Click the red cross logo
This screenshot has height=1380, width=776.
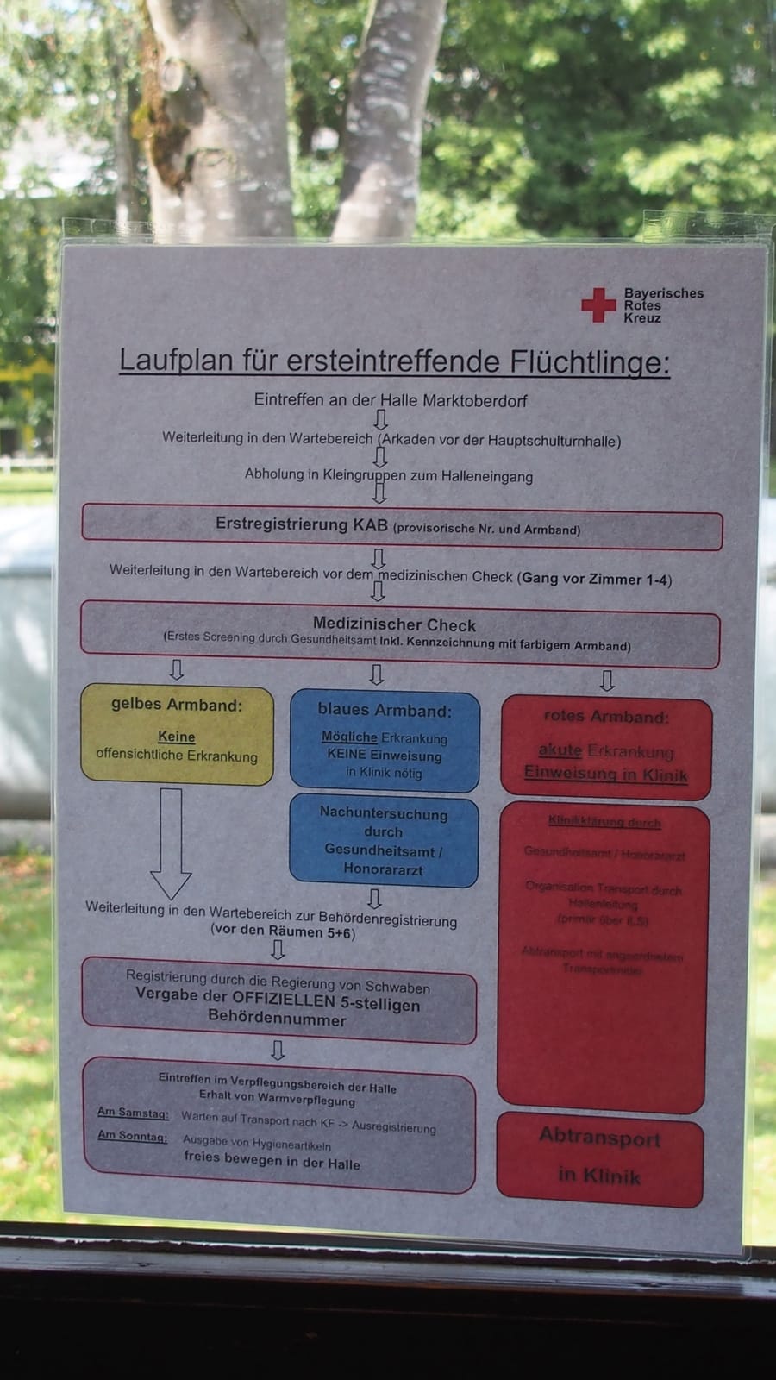pyautogui.click(x=598, y=305)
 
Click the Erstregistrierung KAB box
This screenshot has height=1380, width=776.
pyautogui.click(x=402, y=526)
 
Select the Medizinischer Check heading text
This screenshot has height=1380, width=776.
pyautogui.click(x=394, y=624)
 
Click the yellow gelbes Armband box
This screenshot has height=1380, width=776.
pyautogui.click(x=177, y=735)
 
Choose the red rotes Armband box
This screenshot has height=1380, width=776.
pyautogui.click(x=606, y=748)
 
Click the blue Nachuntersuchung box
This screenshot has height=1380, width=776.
pyautogui.click(x=384, y=841)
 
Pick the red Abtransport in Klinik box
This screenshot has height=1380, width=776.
pyautogui.click(x=600, y=1157)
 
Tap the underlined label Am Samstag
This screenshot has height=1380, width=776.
pyautogui.click(x=133, y=1113)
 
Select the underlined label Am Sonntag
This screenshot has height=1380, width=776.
pyautogui.click(x=132, y=1136)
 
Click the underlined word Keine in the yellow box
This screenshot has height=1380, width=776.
pyautogui.click(x=176, y=737)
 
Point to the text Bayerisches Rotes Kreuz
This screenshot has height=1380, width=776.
pyautogui.click(x=663, y=305)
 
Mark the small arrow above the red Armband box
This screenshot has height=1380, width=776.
pyautogui.click(x=607, y=681)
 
